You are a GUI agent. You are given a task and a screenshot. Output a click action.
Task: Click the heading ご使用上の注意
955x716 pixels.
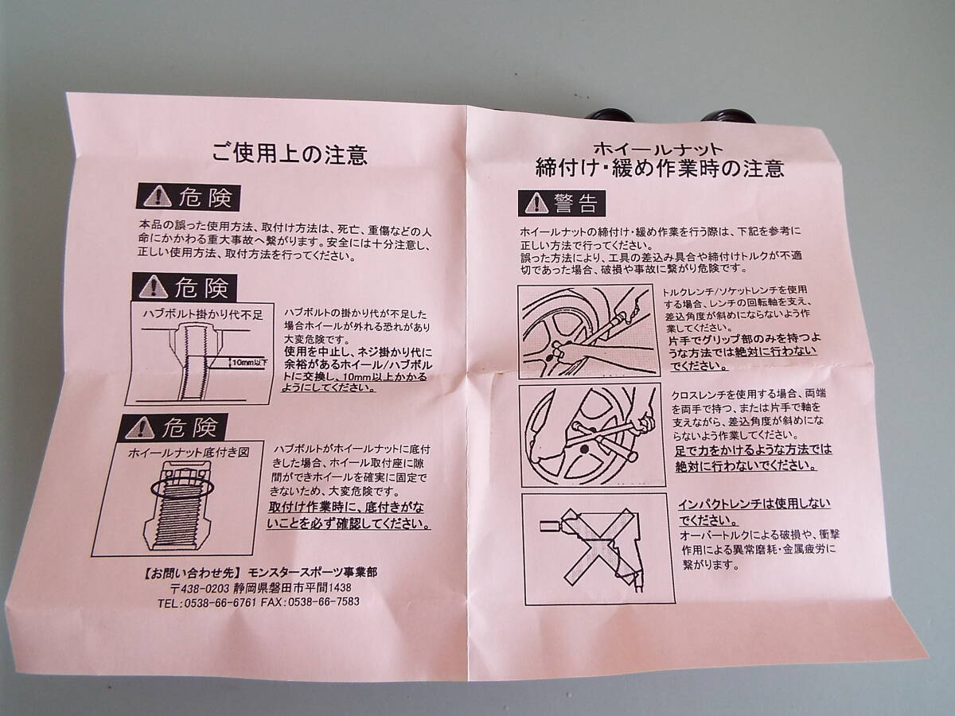coord(290,154)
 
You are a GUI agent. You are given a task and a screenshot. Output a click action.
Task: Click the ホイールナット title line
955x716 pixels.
coord(658,149)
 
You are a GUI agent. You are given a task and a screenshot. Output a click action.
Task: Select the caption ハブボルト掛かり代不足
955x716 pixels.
coord(203,314)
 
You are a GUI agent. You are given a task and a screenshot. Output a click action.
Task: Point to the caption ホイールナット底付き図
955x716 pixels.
coord(189,453)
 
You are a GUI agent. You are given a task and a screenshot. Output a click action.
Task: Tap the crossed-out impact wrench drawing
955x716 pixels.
coord(598,548)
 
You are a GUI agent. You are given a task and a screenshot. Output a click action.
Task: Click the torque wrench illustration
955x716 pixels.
coord(589,331)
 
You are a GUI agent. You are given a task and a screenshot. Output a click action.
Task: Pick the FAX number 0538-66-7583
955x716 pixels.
coord(323,601)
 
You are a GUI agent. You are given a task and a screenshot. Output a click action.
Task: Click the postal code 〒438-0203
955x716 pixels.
coord(200,589)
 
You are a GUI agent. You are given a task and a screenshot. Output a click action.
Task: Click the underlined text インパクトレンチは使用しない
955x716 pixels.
coord(754,504)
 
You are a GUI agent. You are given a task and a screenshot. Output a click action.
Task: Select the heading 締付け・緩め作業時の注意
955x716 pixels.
coord(659,169)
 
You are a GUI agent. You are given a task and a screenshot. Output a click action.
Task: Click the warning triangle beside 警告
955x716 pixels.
coord(537,204)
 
